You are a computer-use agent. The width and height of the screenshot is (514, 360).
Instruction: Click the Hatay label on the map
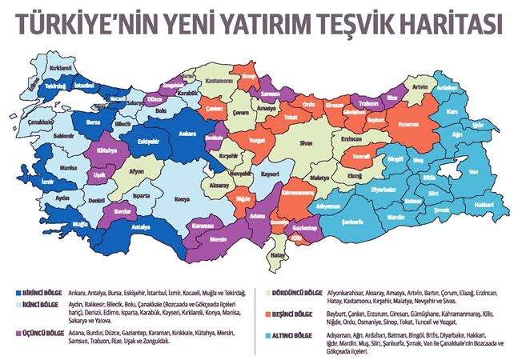pos(277,254)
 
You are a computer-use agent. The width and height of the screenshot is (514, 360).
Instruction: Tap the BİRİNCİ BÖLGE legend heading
pos(40,292)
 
